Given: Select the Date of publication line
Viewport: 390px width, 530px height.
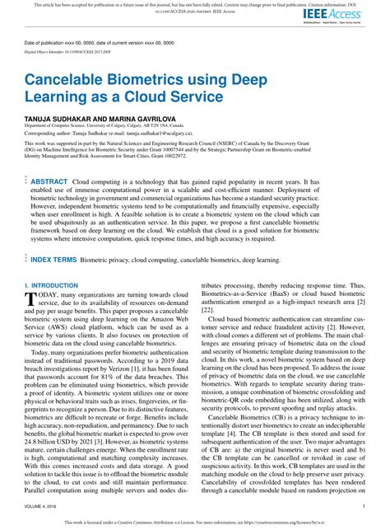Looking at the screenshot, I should coord(91,42).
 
